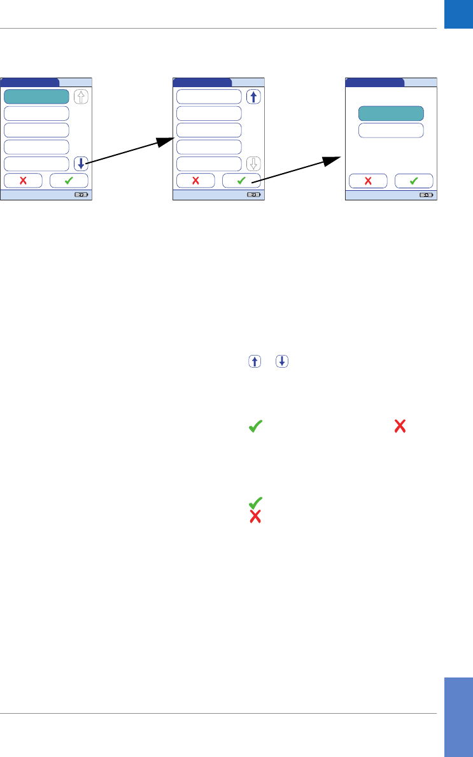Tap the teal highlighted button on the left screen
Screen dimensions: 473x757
(36, 97)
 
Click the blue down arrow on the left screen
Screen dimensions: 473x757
(81, 163)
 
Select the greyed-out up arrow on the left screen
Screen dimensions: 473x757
(81, 97)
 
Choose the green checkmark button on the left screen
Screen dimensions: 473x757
(69, 180)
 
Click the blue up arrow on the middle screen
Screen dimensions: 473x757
(253, 97)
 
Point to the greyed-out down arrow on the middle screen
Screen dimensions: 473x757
(253, 163)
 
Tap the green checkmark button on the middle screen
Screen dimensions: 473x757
(241, 180)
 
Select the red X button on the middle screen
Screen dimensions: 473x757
(195, 180)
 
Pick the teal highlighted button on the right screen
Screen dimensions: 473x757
(391, 113)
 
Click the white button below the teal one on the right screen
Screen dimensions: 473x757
(391, 130)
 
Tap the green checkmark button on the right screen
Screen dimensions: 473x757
(414, 180)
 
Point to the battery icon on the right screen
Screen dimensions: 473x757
(426, 195)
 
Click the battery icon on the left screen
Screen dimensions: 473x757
(81, 195)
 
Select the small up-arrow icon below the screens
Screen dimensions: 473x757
(255, 361)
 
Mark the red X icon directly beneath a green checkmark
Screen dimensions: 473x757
(255, 517)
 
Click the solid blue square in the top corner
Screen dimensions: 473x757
(458, 14)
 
